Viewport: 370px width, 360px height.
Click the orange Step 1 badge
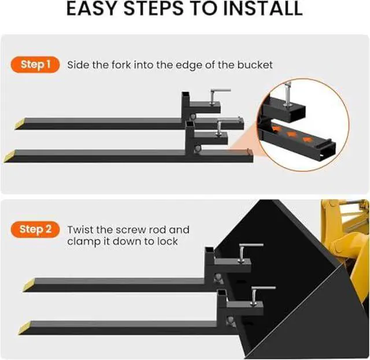coord(35,64)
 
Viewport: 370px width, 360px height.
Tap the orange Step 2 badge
coord(35,229)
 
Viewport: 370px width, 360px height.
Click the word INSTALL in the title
coord(262,8)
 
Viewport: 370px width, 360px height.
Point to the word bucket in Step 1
coord(255,65)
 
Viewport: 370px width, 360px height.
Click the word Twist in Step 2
coord(80,230)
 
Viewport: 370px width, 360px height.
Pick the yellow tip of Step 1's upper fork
coord(19,124)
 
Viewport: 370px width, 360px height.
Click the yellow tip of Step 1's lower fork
coord(9,157)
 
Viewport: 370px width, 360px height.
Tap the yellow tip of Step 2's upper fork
coord(28,285)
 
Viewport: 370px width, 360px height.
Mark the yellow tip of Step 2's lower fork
coord(24,328)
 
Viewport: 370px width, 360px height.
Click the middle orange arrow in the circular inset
coord(291,134)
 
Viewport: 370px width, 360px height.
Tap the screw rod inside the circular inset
coord(287,93)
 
